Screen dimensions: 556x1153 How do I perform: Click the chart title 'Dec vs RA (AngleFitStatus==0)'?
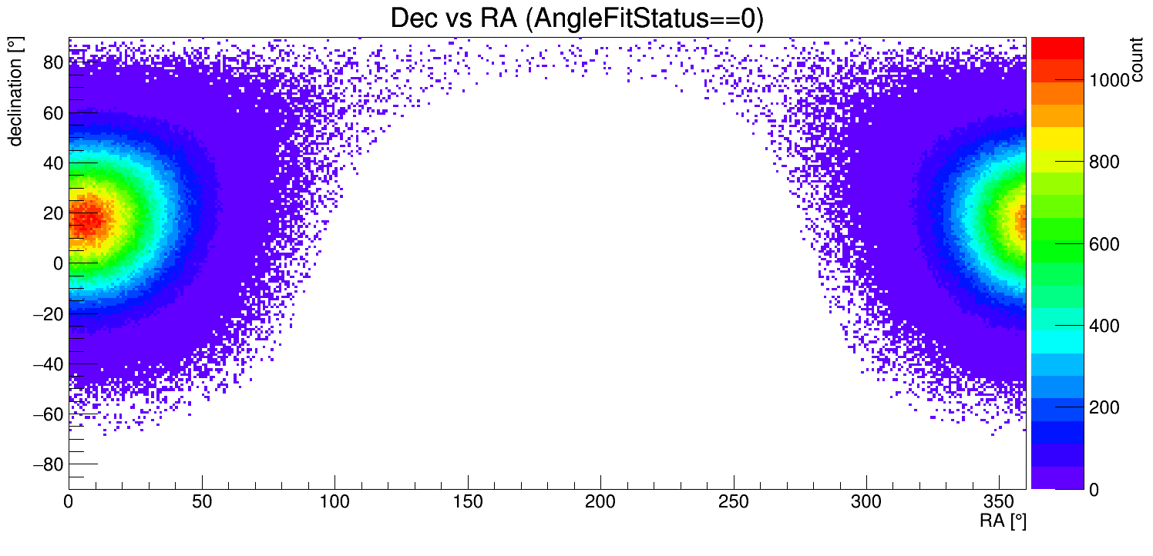point(576,18)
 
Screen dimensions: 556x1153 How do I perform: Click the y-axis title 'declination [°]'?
point(15,92)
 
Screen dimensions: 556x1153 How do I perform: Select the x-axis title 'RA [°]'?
point(1003,521)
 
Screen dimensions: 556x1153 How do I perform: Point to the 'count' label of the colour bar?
point(1138,62)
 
